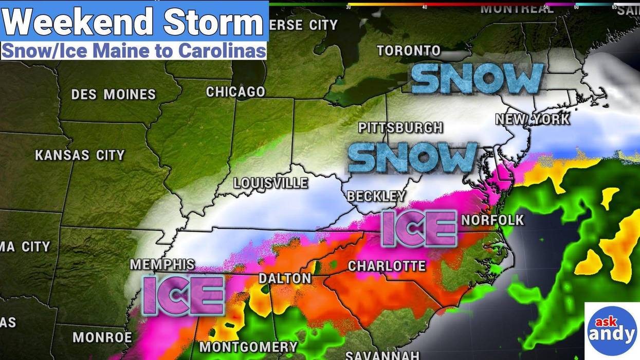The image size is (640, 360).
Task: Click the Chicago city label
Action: (x=235, y=92)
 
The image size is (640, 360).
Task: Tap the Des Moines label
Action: (x=113, y=95)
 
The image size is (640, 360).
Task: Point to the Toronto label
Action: (x=409, y=50)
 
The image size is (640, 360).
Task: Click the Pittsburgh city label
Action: (x=400, y=128)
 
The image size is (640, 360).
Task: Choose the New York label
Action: (x=533, y=119)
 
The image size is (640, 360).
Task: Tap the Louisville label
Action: (x=270, y=183)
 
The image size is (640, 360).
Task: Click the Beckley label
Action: (x=376, y=196)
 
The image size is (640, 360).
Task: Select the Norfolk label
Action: (x=492, y=220)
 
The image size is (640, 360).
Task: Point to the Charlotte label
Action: (x=387, y=266)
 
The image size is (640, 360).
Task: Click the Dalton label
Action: (x=285, y=278)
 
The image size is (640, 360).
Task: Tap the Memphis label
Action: (x=162, y=264)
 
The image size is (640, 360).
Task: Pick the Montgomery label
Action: (x=248, y=347)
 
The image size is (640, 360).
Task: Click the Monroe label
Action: (x=102, y=337)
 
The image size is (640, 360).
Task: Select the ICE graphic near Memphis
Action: (x=184, y=295)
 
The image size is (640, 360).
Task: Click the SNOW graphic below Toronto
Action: (x=478, y=79)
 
